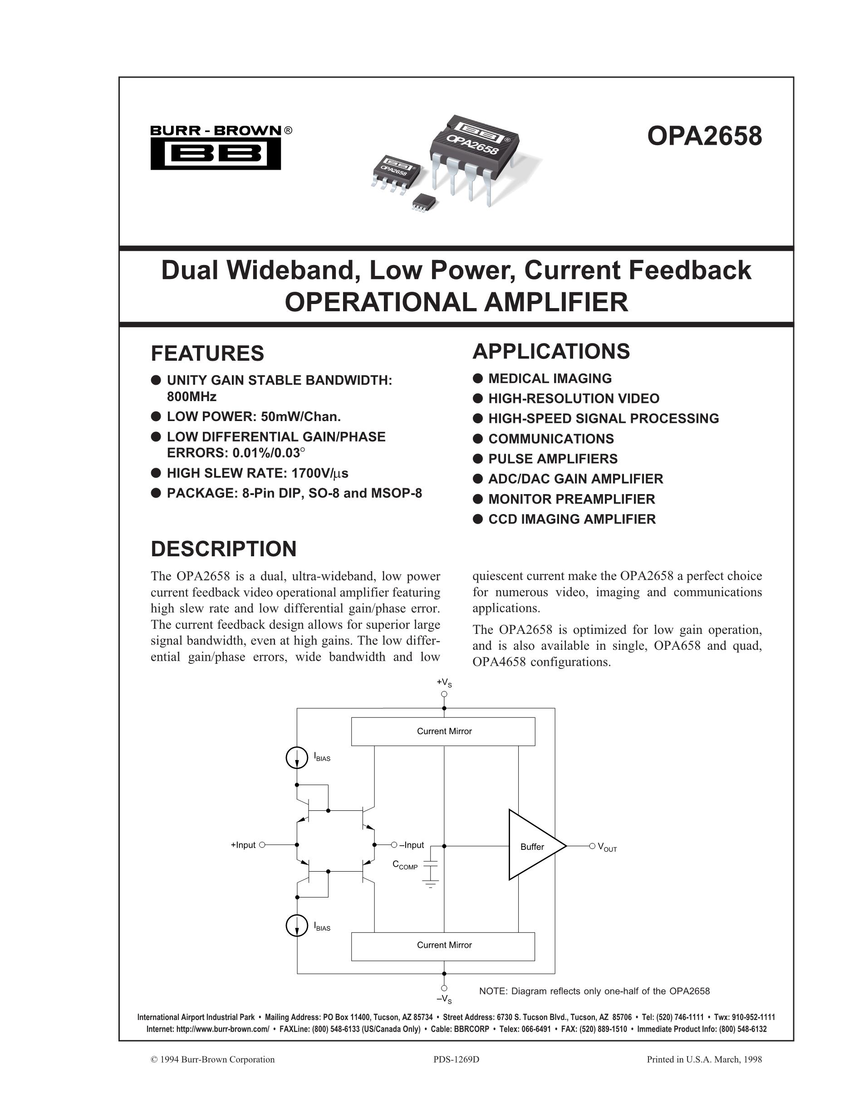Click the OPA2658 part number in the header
pos(704,137)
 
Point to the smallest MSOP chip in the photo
pos(424,200)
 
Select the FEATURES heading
pos(207,353)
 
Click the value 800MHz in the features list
pos(191,397)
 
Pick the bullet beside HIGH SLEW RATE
pos(156,473)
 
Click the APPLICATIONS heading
pos(551,351)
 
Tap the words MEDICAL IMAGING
pos(550,378)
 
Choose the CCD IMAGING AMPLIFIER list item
pos(572,519)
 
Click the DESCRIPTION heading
pos(223,549)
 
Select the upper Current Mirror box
pos(443,731)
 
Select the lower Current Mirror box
pos(443,945)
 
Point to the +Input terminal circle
pos(263,845)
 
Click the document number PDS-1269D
pos(456,1059)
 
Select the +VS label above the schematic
pos(444,682)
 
